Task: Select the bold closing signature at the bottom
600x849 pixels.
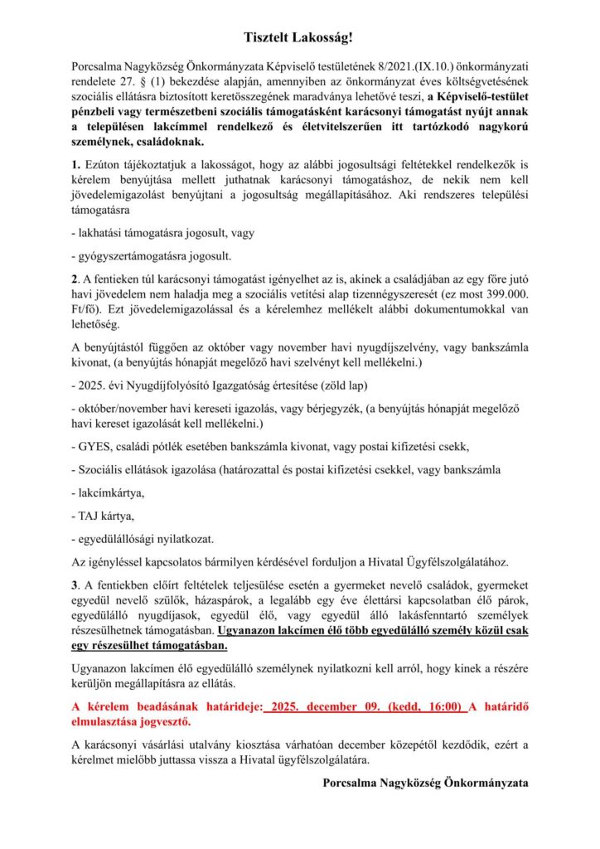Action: click(425, 782)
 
